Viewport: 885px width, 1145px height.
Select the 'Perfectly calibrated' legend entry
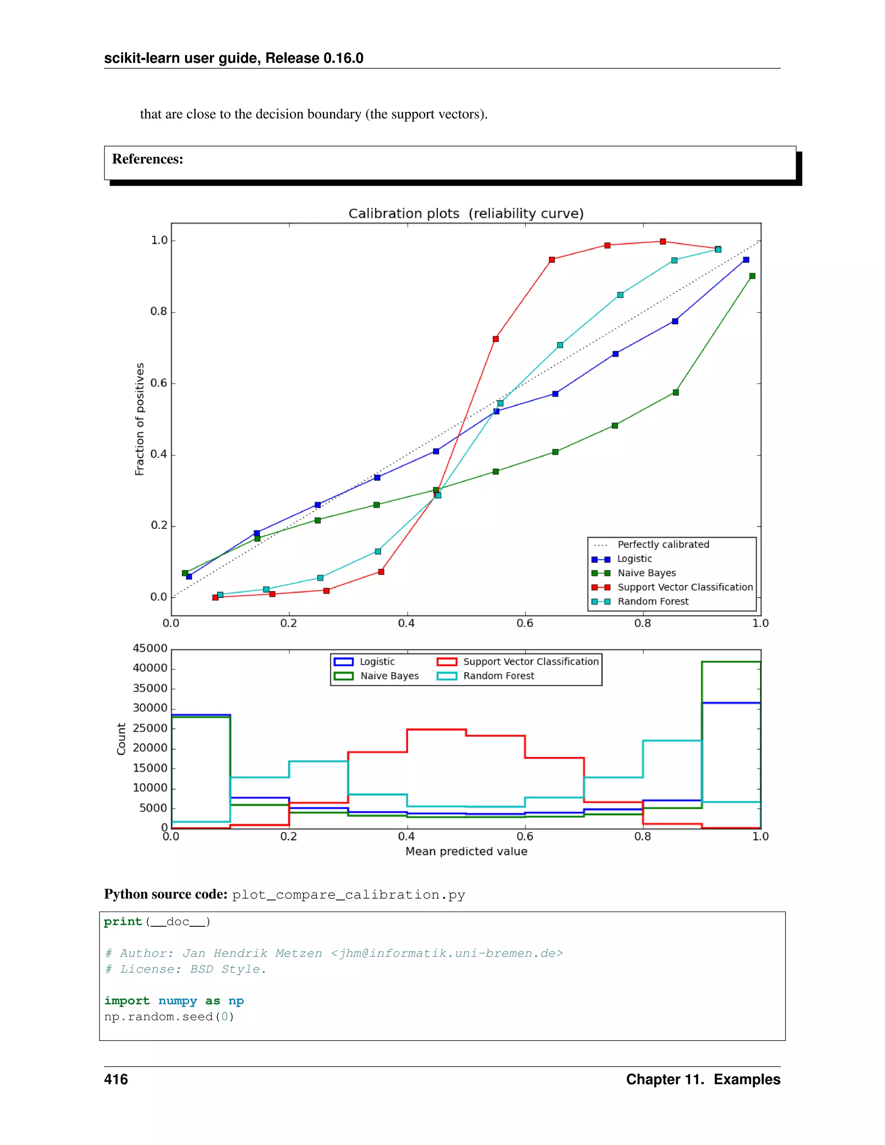[x=663, y=544]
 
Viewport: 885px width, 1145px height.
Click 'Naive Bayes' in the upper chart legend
[x=646, y=573]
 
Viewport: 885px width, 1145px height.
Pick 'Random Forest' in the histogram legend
[x=498, y=676]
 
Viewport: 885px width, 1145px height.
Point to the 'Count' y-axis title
[x=121, y=739]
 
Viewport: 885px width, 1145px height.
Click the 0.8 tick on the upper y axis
[x=159, y=312]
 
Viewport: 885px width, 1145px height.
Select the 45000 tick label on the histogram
[x=150, y=648]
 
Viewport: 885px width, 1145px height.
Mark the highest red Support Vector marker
[x=663, y=242]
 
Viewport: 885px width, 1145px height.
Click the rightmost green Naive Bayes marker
[x=752, y=276]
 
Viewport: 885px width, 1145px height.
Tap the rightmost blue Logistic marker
[x=746, y=260]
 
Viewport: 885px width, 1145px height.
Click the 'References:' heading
[x=148, y=159]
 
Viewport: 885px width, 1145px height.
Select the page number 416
[x=116, y=1079]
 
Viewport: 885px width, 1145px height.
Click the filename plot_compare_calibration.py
[x=349, y=894]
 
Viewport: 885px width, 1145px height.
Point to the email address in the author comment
[x=447, y=953]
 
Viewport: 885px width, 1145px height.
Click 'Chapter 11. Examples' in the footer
[x=703, y=1079]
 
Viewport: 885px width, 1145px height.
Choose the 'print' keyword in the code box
[x=123, y=922]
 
